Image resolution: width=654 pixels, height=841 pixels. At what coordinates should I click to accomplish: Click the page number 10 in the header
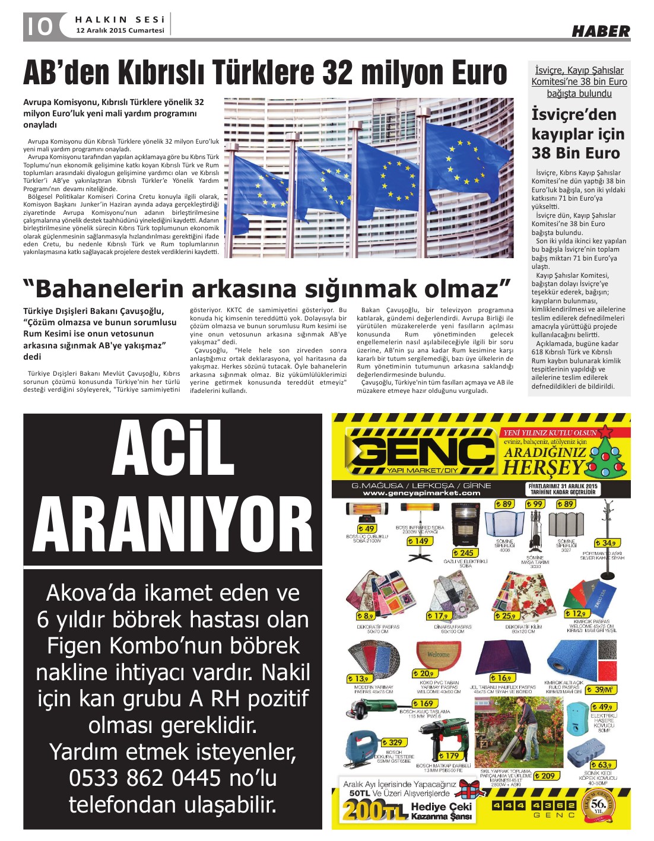pos(39,27)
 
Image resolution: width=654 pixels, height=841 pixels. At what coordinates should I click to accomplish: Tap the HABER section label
pos(600,31)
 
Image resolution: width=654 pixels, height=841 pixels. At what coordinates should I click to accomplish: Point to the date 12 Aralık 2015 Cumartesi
pos(120,30)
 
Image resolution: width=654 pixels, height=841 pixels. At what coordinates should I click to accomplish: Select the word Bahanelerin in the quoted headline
pos(110,289)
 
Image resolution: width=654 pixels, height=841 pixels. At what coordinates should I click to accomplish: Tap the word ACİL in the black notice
pos(173,449)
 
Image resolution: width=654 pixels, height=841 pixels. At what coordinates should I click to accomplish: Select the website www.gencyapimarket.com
pos(421,493)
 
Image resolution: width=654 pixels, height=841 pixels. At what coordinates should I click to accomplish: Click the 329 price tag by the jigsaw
pos(393,742)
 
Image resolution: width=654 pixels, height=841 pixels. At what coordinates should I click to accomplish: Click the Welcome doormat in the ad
pos(439,655)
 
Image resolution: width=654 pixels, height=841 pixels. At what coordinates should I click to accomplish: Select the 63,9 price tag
pos(602,764)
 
